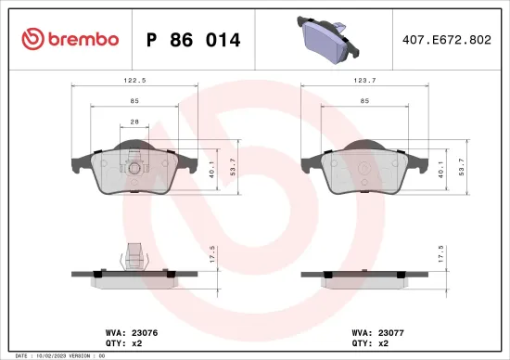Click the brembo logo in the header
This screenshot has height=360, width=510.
click(x=70, y=39)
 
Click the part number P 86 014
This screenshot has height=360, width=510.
click(x=194, y=40)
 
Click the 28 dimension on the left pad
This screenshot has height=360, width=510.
click(x=136, y=122)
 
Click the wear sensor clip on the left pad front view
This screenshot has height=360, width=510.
click(x=136, y=169)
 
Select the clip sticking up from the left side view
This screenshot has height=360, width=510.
click(x=136, y=253)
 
